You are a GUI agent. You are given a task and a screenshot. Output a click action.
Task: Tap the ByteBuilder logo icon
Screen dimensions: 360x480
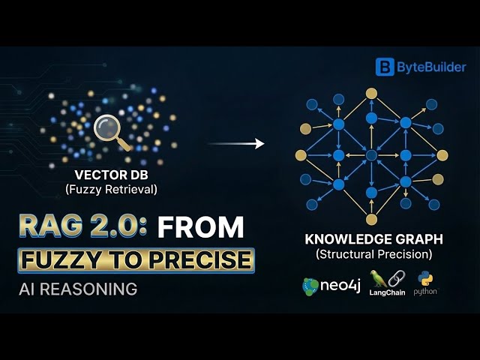tap(385, 67)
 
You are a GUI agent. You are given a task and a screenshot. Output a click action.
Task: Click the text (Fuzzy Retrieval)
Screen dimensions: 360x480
tap(110, 189)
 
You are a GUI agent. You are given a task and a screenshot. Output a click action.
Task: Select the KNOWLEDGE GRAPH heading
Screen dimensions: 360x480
tap(373, 240)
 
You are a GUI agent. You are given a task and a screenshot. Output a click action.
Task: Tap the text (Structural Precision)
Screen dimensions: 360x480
tap(373, 255)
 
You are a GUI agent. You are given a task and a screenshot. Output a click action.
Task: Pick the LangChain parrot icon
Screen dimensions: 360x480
tap(379, 278)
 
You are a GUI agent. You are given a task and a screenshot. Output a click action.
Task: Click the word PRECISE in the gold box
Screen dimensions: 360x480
tap(197, 259)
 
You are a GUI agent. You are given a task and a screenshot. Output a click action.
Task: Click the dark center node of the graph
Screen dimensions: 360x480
tap(371, 154)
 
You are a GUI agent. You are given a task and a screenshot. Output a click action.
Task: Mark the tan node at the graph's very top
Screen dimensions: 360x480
tap(371, 93)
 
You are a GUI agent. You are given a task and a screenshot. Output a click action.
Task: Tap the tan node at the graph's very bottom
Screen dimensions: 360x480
tap(371, 219)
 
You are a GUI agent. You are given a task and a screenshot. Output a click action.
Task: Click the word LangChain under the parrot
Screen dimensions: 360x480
tap(387, 292)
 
